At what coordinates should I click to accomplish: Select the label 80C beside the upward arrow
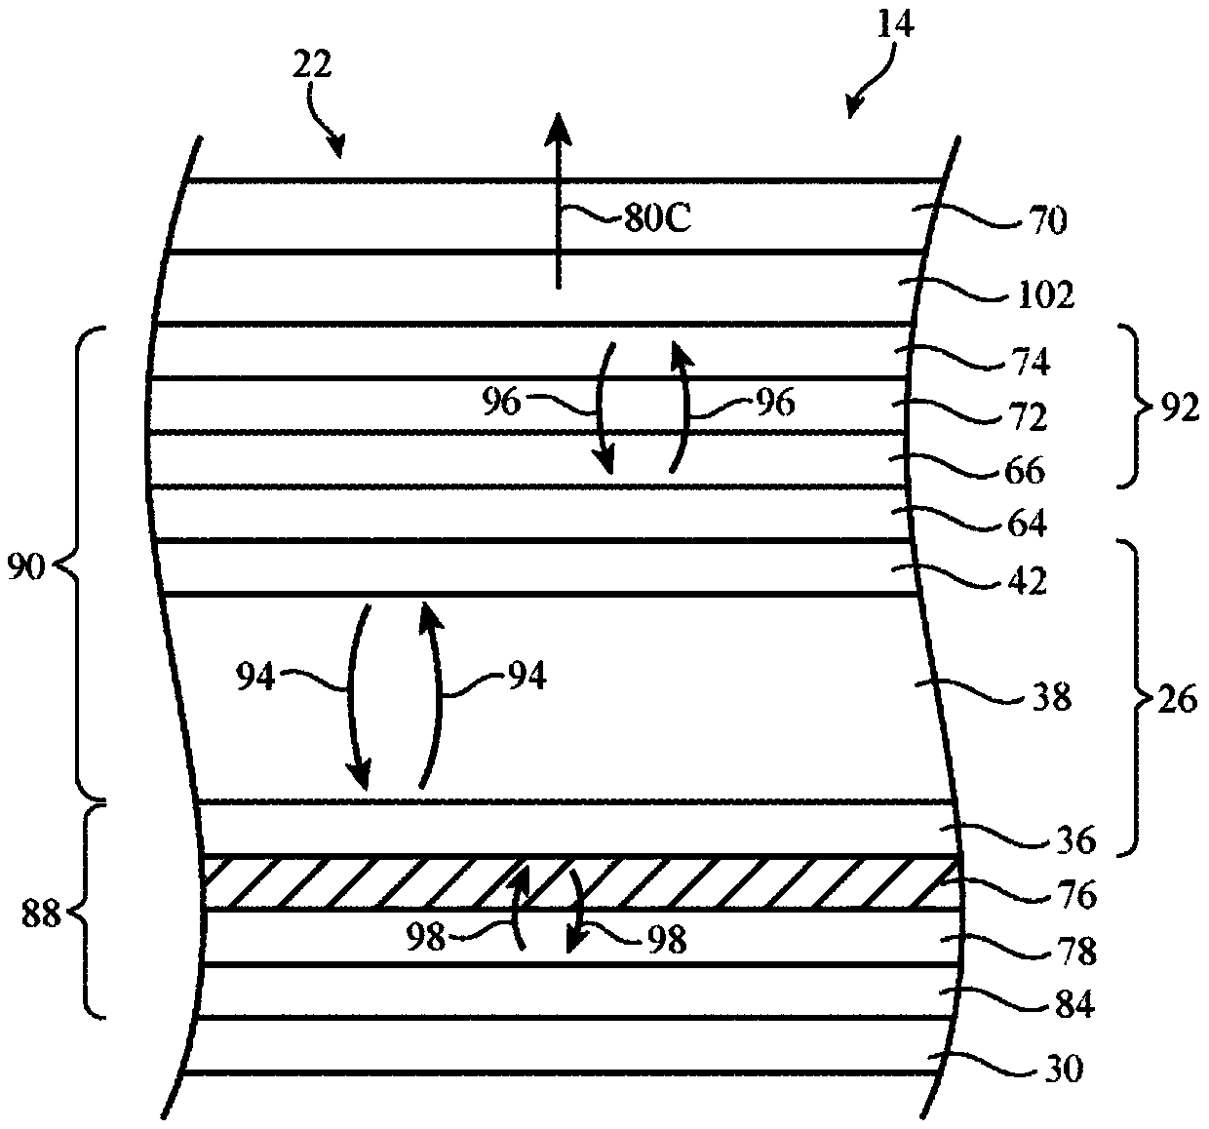[x=657, y=219]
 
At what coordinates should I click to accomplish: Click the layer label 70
[x=1048, y=222]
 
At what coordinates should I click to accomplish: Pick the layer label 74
[x=1030, y=363]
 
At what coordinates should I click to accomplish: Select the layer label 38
[x=1050, y=698]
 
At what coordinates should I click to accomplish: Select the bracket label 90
[x=26, y=565]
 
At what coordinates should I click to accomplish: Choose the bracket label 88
[x=42, y=914]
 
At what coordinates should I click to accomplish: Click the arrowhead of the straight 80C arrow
[x=558, y=128]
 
